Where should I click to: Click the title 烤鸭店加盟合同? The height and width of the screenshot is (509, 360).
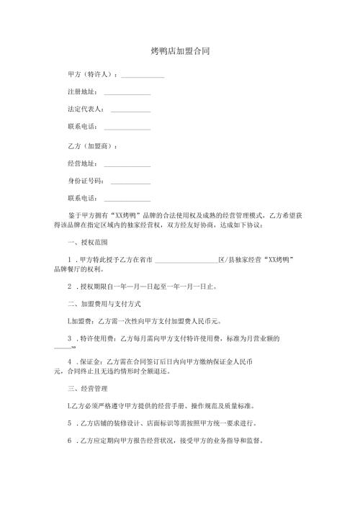180,52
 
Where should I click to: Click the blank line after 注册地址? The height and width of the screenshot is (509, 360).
127,93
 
